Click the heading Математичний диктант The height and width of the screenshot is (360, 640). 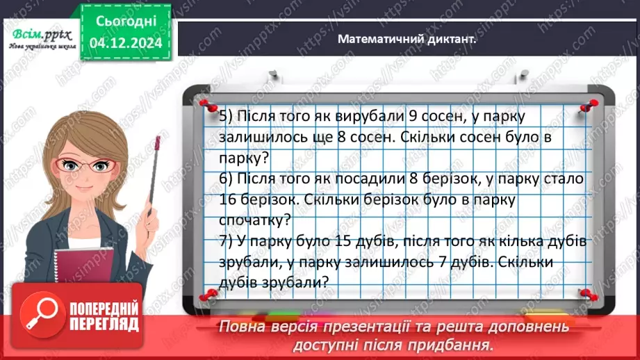tap(407, 39)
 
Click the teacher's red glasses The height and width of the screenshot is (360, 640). tap(87, 166)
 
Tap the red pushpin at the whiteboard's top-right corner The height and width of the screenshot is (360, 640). tap(590, 106)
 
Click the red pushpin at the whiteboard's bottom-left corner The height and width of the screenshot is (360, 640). tap(206, 296)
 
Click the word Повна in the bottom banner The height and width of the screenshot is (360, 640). tap(242, 326)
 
